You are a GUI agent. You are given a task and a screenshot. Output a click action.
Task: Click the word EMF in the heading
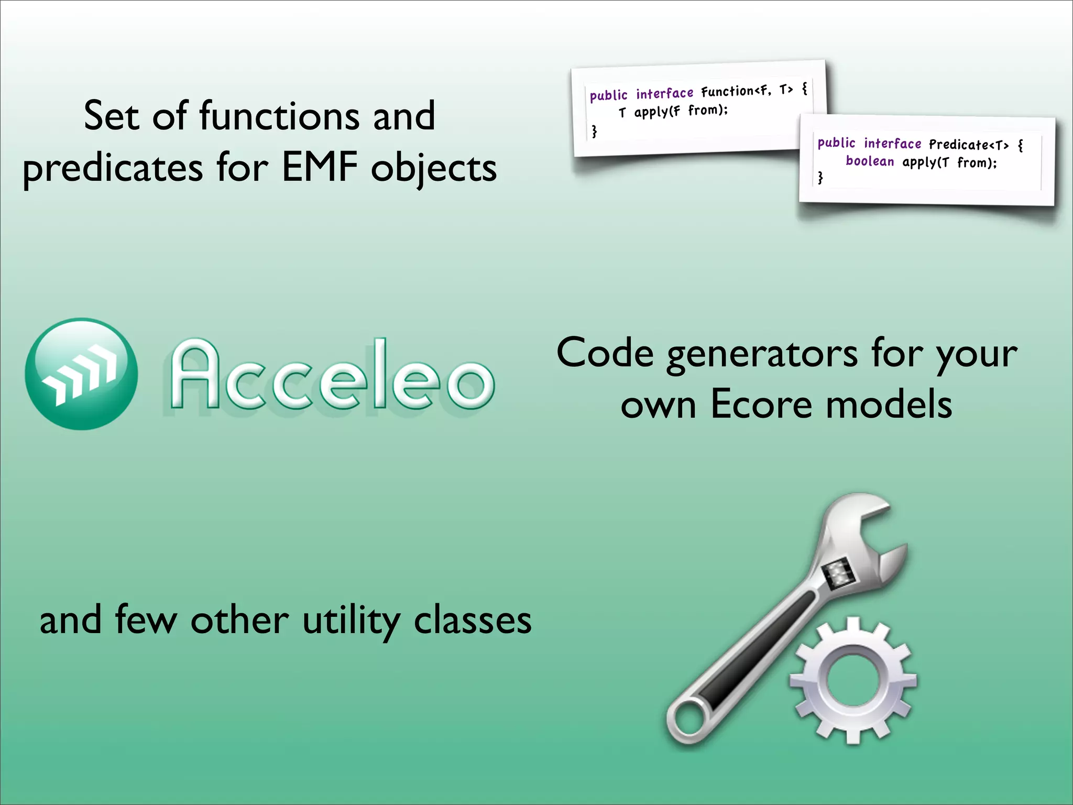coord(320,168)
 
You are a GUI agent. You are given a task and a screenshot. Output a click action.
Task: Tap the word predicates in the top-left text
coord(113,169)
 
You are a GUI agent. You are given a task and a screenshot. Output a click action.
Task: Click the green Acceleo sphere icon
coord(81,374)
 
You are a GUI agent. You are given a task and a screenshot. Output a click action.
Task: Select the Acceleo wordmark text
coord(331,374)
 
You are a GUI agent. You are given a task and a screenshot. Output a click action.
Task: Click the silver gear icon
coord(853,680)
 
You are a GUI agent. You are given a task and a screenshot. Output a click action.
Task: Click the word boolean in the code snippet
coord(870,161)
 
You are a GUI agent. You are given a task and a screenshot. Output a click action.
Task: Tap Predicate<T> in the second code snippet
coord(968,145)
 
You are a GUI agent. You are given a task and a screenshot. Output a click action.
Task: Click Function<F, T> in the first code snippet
coord(747,91)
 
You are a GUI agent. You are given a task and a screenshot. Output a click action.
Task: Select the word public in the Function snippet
coord(608,96)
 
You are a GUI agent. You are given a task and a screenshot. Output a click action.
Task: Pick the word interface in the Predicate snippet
coord(892,144)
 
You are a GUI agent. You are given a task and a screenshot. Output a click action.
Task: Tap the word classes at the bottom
coord(473,621)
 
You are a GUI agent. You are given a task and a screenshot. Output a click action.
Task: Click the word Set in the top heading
coord(111,116)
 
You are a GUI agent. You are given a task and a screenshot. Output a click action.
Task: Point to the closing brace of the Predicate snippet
coord(820,178)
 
